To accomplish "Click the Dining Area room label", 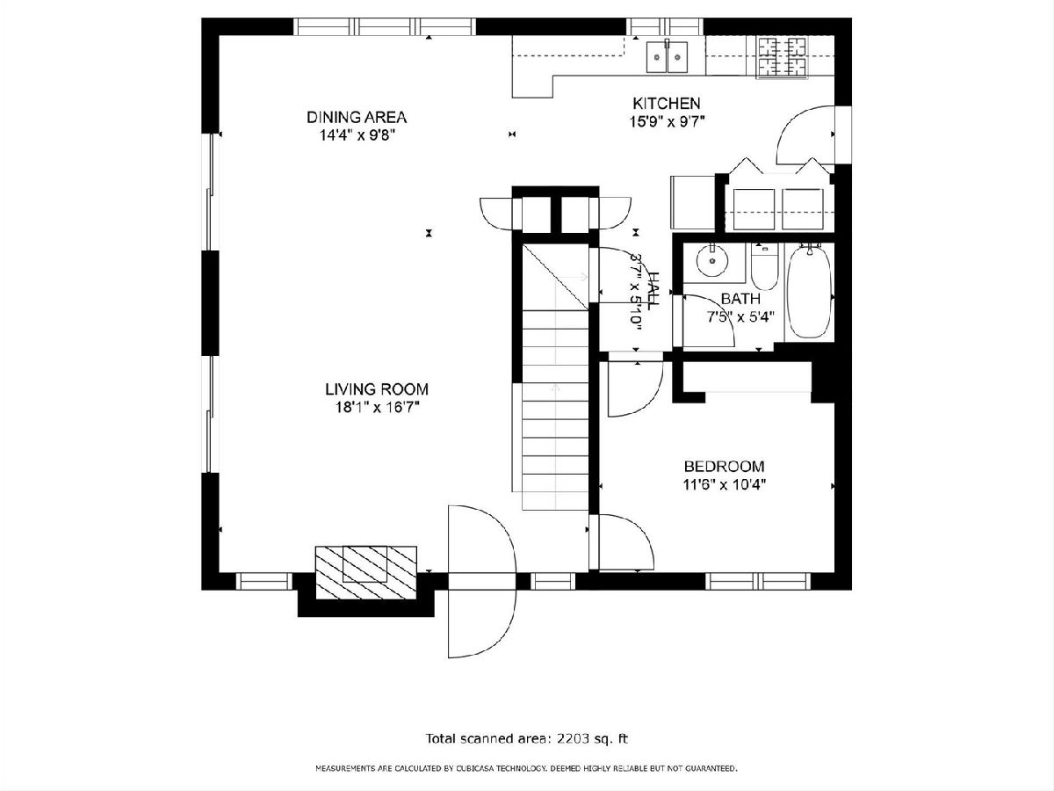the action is [x=357, y=117].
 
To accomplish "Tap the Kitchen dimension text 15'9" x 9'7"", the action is [x=667, y=122].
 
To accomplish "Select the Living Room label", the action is [x=377, y=389].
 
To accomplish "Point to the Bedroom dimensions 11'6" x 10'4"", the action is [x=724, y=484].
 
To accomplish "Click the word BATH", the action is [x=741, y=299].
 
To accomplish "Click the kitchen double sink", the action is [x=667, y=57].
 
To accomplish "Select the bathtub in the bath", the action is [x=810, y=292].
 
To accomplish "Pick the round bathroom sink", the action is [x=712, y=261].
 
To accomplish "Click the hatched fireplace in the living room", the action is [x=366, y=572].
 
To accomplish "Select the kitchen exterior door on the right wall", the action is [x=805, y=134].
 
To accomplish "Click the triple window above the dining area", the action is [x=385, y=26].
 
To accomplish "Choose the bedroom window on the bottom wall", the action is [x=758, y=581].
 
